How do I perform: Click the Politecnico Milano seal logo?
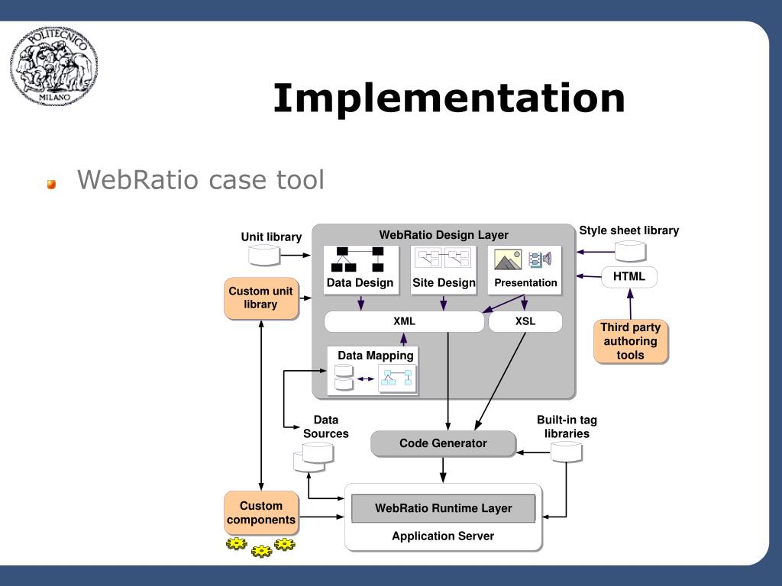pos(54,66)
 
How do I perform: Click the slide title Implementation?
pos(449,98)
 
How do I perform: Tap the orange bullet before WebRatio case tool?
pos(51,185)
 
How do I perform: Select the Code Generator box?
pos(443,443)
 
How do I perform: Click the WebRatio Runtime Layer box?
pos(444,508)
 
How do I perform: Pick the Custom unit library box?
pos(261,298)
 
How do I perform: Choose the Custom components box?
pos(261,513)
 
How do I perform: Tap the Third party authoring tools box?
pos(630,341)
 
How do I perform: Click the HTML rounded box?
pos(629,276)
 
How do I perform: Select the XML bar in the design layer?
pos(404,321)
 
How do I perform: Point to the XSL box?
pos(525,321)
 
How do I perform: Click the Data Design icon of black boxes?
pos(360,259)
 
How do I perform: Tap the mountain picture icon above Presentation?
pos(508,259)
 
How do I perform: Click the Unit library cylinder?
pos(263,255)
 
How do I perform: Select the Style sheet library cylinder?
pos(630,251)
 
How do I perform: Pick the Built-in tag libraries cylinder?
pos(566,452)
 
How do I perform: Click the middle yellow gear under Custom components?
pos(261,551)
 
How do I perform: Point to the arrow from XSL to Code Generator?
pos(500,381)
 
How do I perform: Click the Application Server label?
pos(443,536)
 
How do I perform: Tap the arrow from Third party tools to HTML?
pos(630,304)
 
